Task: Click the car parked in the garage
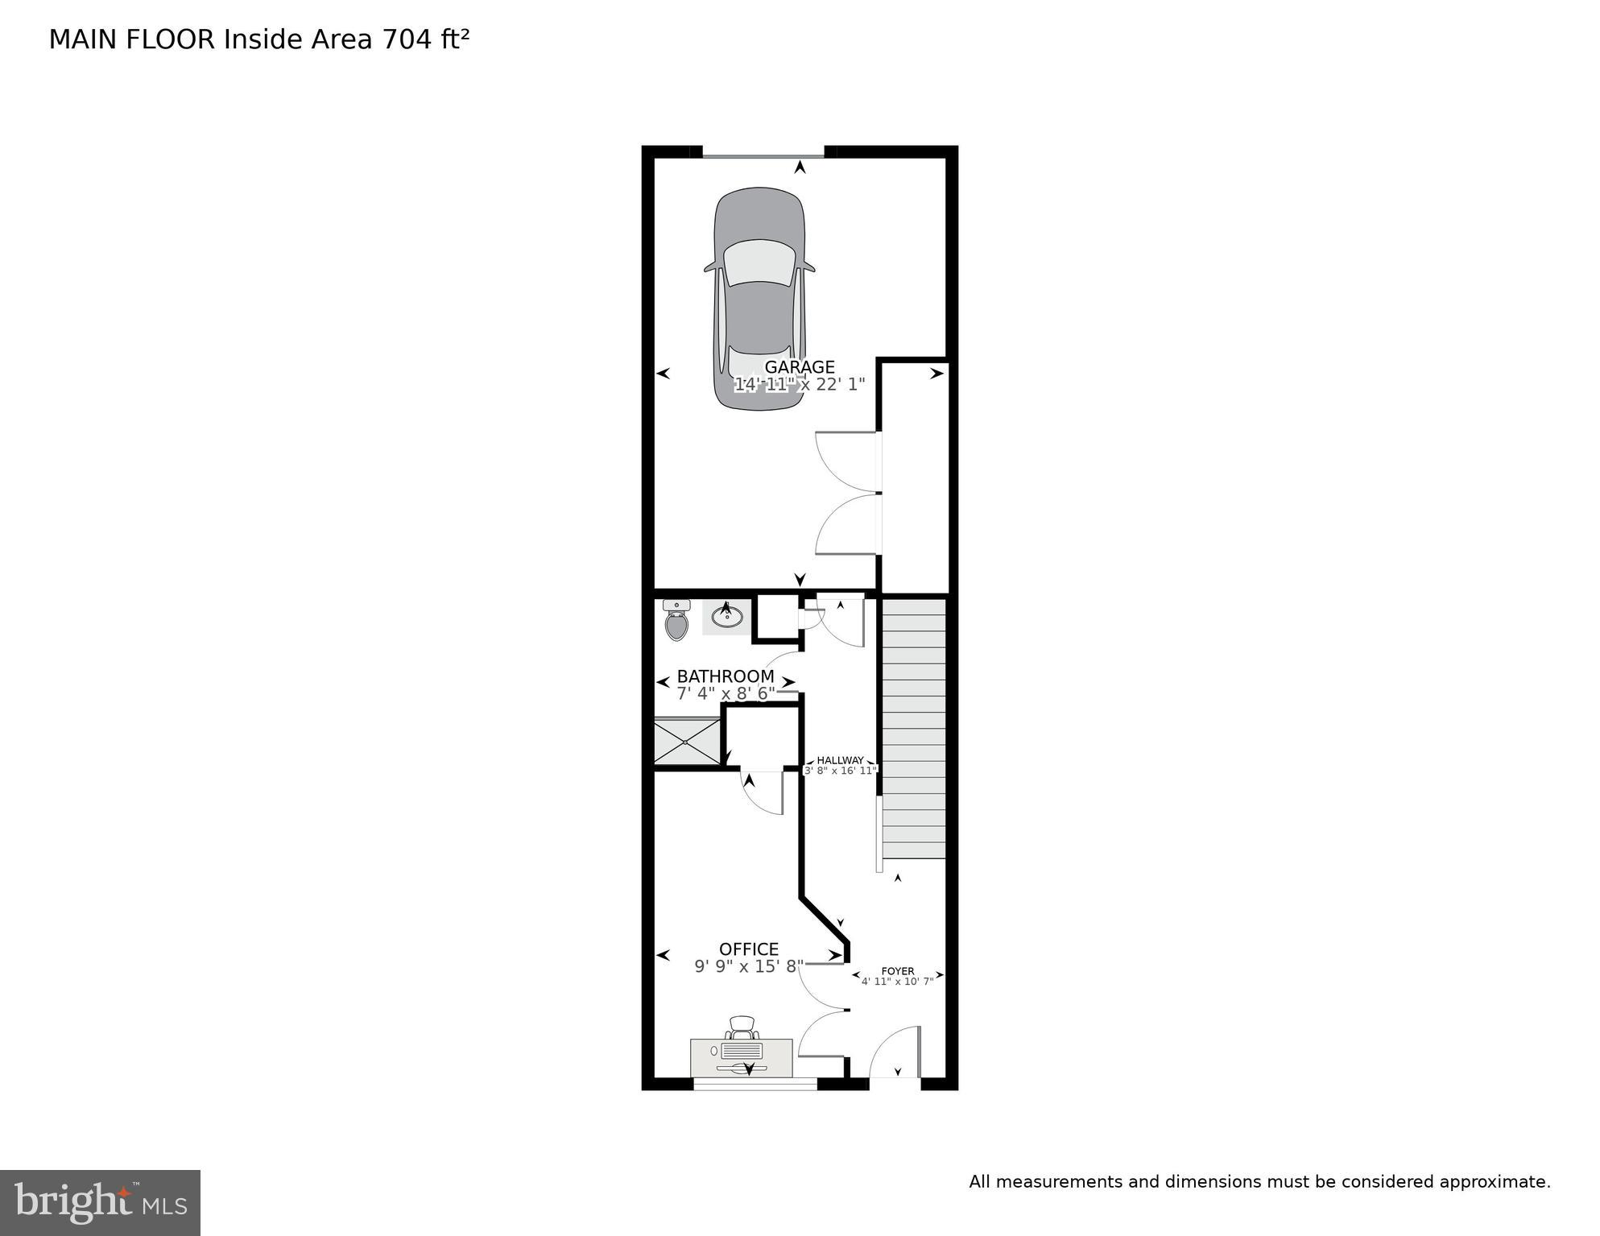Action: click(x=759, y=298)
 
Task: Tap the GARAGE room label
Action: click(x=799, y=367)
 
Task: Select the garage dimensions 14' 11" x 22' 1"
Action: click(x=799, y=385)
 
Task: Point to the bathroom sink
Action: click(x=727, y=617)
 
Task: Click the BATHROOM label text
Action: click(x=725, y=676)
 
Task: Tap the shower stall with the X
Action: click(x=687, y=742)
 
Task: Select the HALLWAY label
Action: click(x=840, y=760)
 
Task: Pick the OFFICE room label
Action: click(x=749, y=949)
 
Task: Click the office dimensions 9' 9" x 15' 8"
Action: click(x=749, y=966)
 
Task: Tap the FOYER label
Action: click(x=898, y=971)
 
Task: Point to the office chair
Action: click(x=742, y=1027)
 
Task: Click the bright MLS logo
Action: click(x=100, y=1203)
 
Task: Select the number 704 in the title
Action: click(x=407, y=39)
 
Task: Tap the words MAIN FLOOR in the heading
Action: click(x=132, y=39)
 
